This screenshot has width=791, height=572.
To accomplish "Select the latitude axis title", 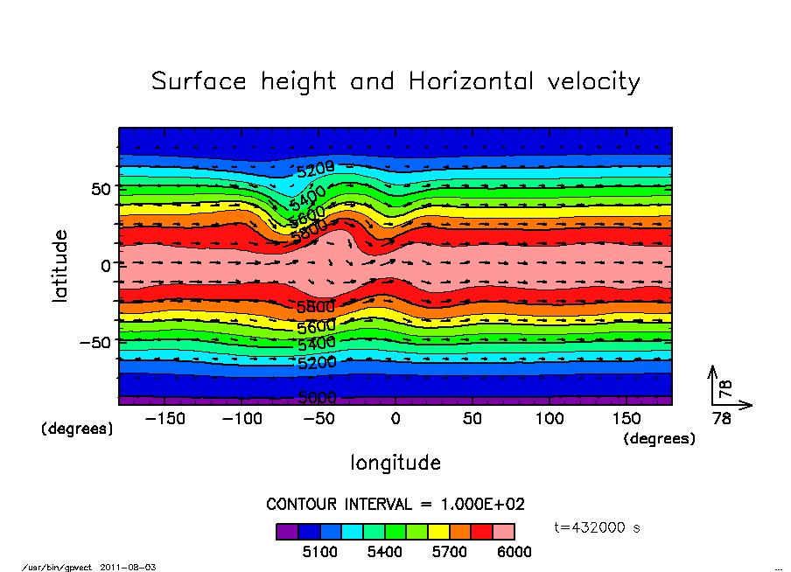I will [x=60, y=266].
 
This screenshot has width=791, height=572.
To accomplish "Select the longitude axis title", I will [x=395, y=463].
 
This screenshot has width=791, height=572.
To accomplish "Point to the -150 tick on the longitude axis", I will [x=164, y=419].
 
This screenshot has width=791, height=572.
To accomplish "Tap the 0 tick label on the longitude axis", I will [x=395, y=419].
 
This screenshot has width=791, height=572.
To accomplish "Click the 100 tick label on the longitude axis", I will [x=549, y=419].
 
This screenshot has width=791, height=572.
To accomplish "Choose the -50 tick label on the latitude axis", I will [x=93, y=342].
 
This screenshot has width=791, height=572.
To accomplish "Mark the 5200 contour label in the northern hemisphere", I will [x=315, y=168].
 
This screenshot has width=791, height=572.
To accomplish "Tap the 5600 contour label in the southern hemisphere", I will [x=316, y=327].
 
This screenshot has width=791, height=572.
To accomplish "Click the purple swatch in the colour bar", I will [x=287, y=531].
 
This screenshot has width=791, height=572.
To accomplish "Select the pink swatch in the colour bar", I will [x=503, y=531].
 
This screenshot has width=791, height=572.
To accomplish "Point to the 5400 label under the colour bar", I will [x=384, y=552].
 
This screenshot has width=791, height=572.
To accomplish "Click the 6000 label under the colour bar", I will [x=514, y=552].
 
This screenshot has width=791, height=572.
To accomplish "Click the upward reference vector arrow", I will [x=714, y=385].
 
